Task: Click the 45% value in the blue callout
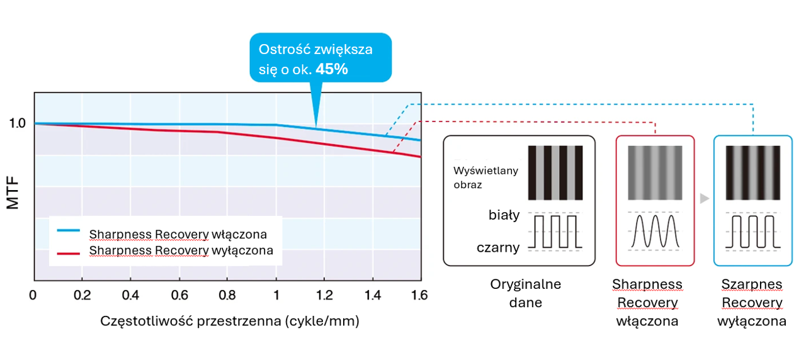click(x=332, y=69)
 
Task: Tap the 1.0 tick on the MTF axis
click(x=17, y=123)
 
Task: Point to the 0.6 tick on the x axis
click(x=179, y=295)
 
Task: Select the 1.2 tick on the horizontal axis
click(x=324, y=295)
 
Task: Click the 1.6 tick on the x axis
click(x=419, y=295)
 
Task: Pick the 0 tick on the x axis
click(x=33, y=295)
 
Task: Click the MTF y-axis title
click(x=13, y=193)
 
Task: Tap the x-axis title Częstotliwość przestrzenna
click(x=230, y=321)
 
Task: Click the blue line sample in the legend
click(x=69, y=231)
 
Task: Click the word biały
click(x=504, y=215)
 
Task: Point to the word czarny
click(x=498, y=247)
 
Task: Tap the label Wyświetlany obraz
click(x=477, y=177)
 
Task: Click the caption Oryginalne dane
click(x=525, y=293)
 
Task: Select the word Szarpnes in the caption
click(x=752, y=284)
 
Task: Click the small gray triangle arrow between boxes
click(x=705, y=199)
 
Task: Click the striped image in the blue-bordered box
click(x=752, y=172)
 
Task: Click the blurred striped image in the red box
click(x=655, y=172)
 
